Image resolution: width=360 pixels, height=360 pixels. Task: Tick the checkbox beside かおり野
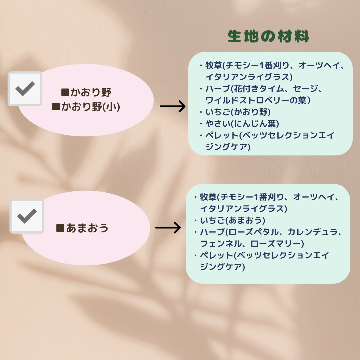point(25,89)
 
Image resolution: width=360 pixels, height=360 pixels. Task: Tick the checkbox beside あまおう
point(27,216)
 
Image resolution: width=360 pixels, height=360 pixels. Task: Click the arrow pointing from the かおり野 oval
point(172,107)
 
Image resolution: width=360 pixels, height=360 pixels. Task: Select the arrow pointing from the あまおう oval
point(168,228)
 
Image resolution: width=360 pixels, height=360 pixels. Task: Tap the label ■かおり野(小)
point(86,107)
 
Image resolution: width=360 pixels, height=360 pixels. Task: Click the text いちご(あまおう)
point(233,220)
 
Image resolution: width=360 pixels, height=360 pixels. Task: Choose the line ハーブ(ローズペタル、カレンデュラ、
point(271,232)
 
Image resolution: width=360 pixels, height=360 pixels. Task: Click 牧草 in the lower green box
point(208,197)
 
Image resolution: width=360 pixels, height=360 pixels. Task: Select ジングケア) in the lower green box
point(222,267)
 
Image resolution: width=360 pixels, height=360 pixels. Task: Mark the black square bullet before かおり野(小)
point(56,107)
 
